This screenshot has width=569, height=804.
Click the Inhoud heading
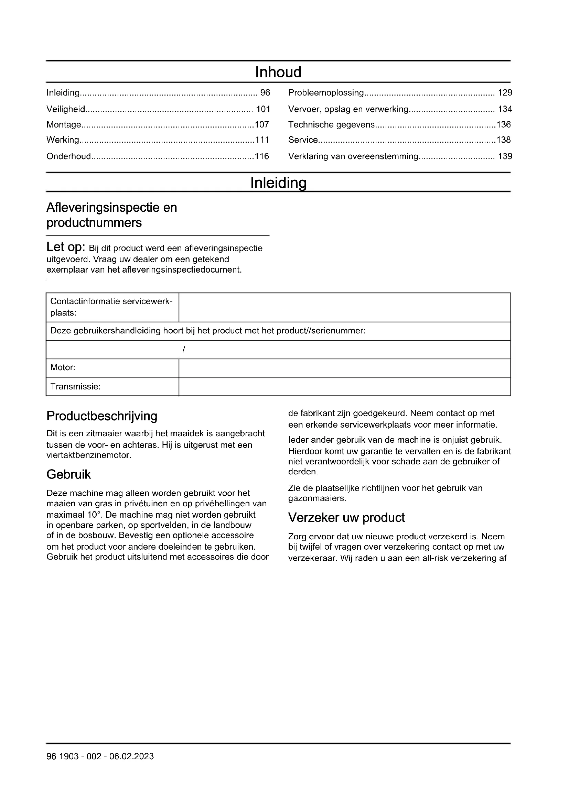[278, 72]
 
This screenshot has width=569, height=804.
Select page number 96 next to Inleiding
[265, 93]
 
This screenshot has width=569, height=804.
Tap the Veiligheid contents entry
[66, 109]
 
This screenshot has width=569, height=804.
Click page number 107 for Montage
[262, 125]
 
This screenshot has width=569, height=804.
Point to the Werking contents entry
[63, 140]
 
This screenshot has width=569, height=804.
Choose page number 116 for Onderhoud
[262, 156]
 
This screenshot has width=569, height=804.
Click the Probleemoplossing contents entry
[326, 93]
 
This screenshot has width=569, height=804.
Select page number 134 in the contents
[505, 109]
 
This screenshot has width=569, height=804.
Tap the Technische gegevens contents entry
[331, 125]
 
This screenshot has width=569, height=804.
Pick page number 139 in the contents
[505, 156]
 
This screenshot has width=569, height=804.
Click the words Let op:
[66, 247]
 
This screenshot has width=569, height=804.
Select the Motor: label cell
[112, 368]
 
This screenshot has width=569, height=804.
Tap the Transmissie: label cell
[112, 387]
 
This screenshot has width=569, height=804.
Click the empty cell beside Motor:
[344, 368]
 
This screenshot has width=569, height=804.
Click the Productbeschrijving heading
[102, 416]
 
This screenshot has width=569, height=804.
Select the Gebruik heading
[69, 474]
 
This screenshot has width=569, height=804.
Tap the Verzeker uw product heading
[346, 518]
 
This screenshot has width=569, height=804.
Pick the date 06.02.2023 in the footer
[131, 756]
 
